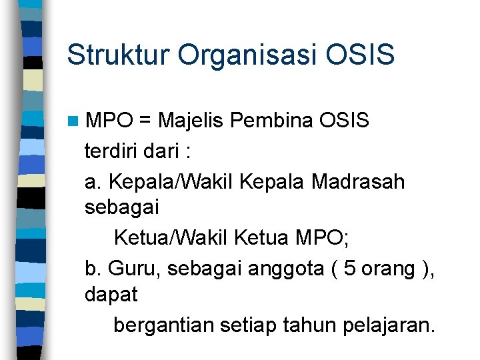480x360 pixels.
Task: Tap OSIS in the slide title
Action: click(363, 55)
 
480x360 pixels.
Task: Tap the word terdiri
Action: click(111, 151)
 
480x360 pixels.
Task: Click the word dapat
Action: click(111, 295)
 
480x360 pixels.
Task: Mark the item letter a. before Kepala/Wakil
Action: click(93, 181)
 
